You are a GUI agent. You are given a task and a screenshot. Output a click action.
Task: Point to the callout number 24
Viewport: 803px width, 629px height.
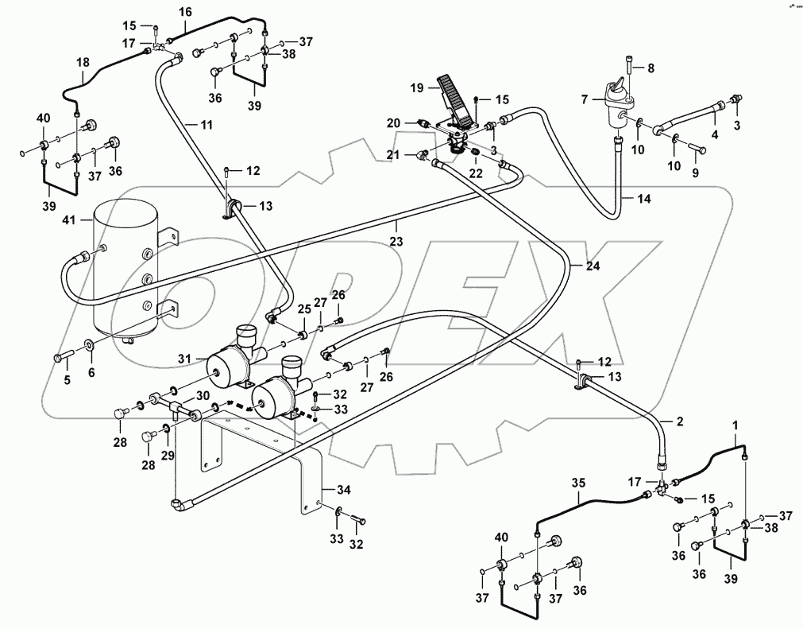pos(592,266)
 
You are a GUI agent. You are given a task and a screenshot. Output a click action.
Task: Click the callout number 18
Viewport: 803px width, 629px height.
pos(83,64)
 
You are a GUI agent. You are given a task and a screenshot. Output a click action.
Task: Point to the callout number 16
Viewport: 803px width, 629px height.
pos(185,12)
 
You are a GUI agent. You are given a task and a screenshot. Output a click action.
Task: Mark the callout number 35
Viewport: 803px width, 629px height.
pos(577,483)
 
